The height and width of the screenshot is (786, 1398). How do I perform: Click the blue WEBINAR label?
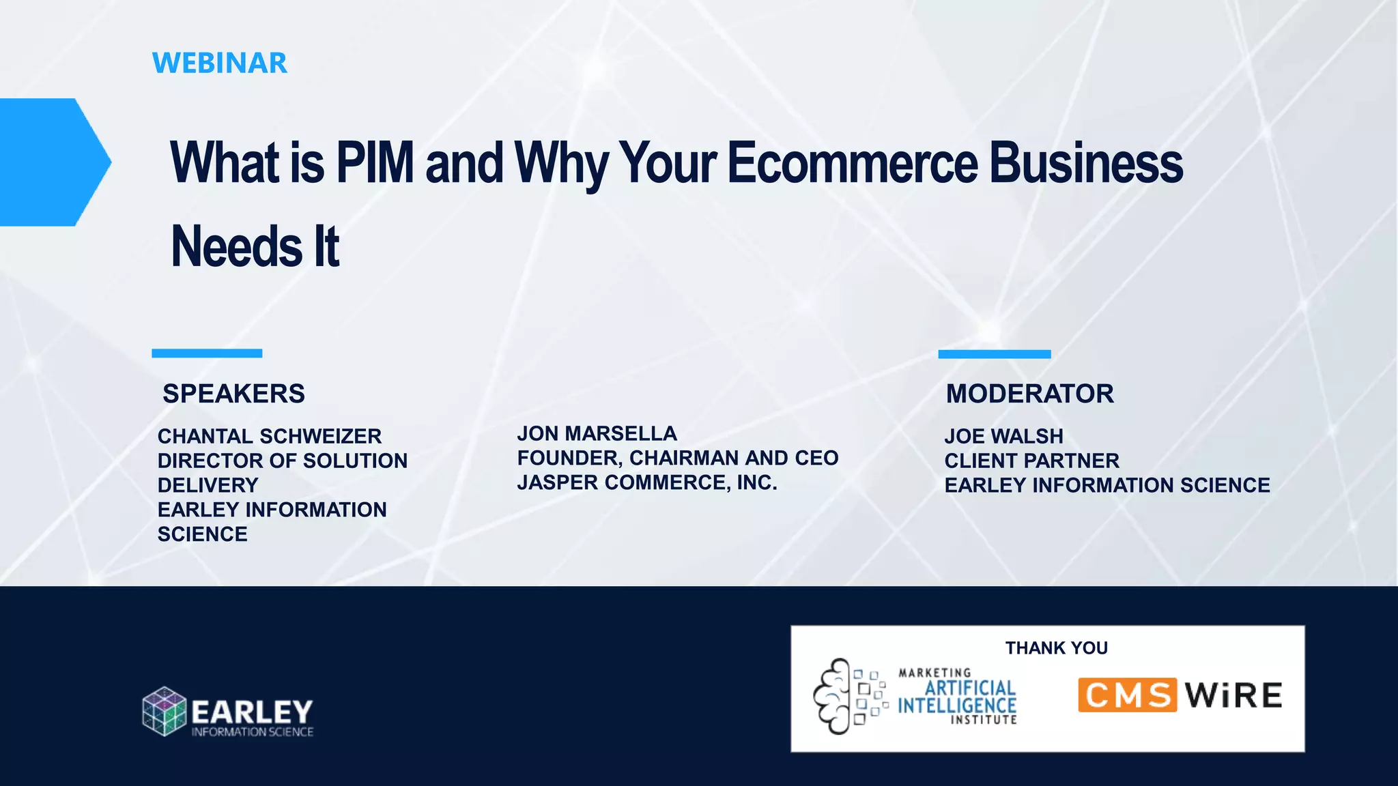pyautogui.click(x=219, y=63)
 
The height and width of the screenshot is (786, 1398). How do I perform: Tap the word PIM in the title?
pyautogui.click(x=375, y=162)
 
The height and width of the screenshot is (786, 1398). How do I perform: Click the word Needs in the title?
pyautogui.click(x=236, y=246)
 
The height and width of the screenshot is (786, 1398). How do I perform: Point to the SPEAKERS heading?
pyautogui.click(x=233, y=394)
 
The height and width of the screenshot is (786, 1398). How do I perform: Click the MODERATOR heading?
pyautogui.click(x=1029, y=394)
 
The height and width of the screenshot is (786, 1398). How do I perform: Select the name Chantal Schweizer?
pyautogui.click(x=270, y=436)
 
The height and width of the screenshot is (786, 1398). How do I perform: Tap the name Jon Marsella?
pyautogui.click(x=597, y=433)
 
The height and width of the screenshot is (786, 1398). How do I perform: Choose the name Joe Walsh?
pyautogui.click(x=1003, y=436)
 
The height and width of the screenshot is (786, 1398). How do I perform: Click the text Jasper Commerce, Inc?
pyautogui.click(x=647, y=482)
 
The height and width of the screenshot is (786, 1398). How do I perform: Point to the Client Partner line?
pyautogui.click(x=1031, y=461)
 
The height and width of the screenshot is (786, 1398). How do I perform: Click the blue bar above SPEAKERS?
pyautogui.click(x=207, y=353)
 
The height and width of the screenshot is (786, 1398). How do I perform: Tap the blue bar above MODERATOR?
pyautogui.click(x=994, y=354)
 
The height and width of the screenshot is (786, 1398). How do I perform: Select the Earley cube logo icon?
pyautogui.click(x=165, y=711)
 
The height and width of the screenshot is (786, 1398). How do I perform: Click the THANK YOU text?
pyautogui.click(x=1056, y=647)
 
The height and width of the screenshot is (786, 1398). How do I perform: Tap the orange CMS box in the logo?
pyautogui.click(x=1127, y=695)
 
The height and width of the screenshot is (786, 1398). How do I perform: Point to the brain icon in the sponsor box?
pyautogui.click(x=832, y=696)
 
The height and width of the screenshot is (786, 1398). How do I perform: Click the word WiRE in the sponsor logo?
pyautogui.click(x=1233, y=695)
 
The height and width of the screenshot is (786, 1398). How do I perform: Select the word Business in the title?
pyautogui.click(x=1086, y=162)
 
